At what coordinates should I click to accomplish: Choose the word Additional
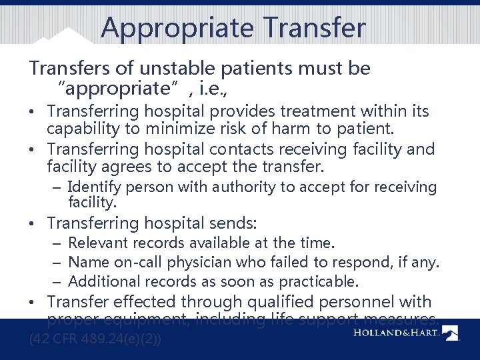102,281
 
